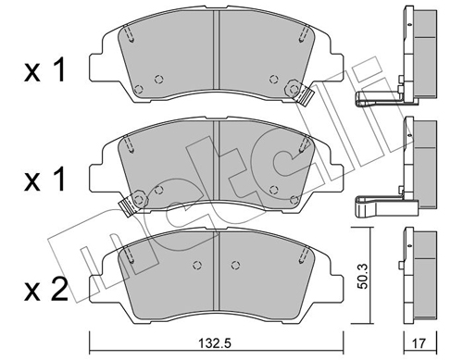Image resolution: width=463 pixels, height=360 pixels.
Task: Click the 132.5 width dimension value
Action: pyautogui.click(x=216, y=342)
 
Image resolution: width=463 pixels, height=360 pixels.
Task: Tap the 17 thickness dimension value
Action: pyautogui.click(x=419, y=343)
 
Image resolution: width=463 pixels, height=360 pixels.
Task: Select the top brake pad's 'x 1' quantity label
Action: pyautogui.click(x=44, y=70)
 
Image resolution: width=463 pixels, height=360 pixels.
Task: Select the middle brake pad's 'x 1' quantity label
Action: pyautogui.click(x=44, y=180)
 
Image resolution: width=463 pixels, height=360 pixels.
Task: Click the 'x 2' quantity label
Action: pyautogui.click(x=46, y=289)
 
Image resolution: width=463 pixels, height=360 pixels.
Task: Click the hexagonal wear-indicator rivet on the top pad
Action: pyautogui.click(x=294, y=88)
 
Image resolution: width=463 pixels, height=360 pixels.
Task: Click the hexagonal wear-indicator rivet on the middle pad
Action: pyautogui.click(x=139, y=200)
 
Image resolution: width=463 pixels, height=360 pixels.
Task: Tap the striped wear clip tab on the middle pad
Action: pyautogui.click(x=127, y=206)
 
